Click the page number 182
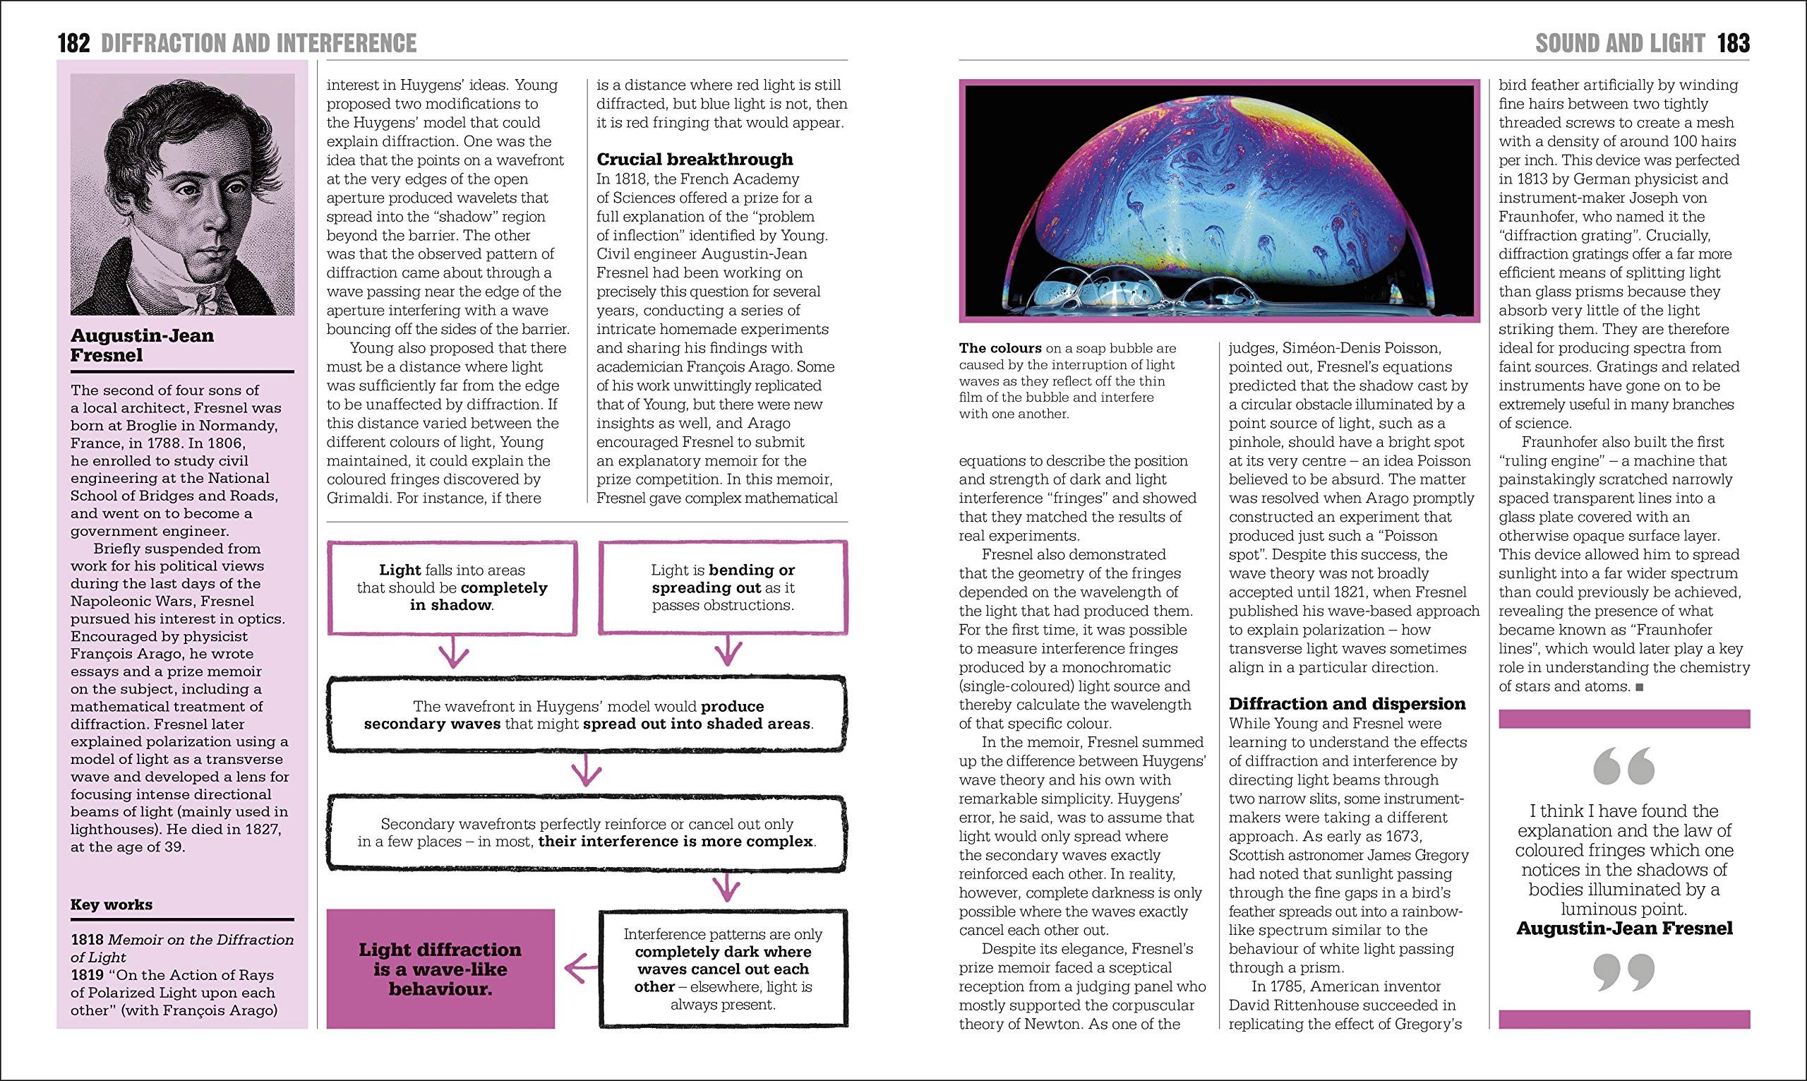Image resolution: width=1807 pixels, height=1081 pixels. click(x=73, y=44)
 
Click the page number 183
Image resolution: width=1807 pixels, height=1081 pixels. click(x=1733, y=44)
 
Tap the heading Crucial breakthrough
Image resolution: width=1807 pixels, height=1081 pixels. click(x=695, y=160)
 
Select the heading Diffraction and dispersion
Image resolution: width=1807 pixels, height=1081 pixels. click(x=1347, y=704)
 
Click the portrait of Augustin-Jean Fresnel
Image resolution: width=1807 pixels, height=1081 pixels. click(x=182, y=194)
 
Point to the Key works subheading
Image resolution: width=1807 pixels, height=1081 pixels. click(x=112, y=904)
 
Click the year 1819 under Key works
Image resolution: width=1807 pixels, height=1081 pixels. click(x=88, y=974)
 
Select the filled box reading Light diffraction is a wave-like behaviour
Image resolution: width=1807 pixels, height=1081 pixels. click(x=440, y=969)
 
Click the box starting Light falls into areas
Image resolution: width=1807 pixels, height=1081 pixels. click(x=451, y=587)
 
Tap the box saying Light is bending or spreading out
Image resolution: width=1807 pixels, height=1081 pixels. click(x=723, y=587)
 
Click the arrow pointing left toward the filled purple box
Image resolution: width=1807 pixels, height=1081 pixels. click(x=580, y=969)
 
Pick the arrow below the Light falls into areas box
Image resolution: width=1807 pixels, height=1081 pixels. click(x=454, y=652)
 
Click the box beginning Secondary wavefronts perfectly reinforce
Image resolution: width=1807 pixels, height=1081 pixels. click(x=587, y=832)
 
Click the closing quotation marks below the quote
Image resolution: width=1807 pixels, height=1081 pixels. click(x=1623, y=972)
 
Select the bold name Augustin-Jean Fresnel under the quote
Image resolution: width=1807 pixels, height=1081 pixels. click(x=1624, y=928)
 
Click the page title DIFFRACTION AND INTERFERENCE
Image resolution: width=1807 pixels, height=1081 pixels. click(x=258, y=44)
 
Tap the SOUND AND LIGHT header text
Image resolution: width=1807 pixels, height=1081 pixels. click(x=1620, y=44)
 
